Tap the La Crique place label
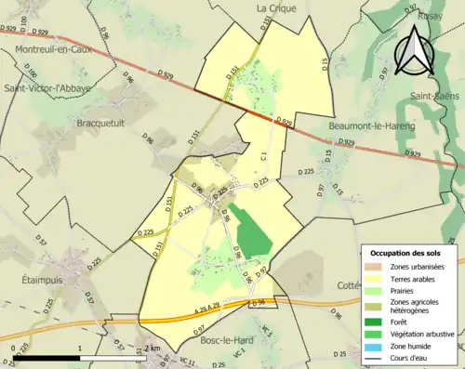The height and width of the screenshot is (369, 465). pos(275,7)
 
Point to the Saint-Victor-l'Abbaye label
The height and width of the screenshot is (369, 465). pos(48,89)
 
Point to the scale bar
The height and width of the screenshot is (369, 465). pos(80,357)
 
